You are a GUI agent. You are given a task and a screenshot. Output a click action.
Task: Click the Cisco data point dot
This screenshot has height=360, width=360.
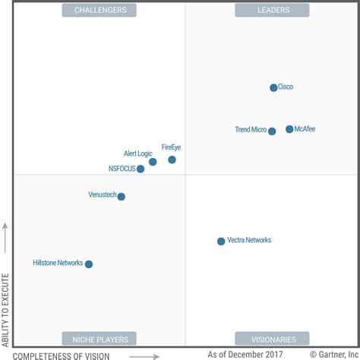pos(273,88)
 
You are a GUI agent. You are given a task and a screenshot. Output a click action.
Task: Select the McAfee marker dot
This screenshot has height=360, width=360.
pos(289,129)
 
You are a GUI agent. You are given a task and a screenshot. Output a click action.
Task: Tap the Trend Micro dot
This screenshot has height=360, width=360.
pos(272,131)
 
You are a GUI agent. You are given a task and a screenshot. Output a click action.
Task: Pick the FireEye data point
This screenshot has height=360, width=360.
pos(172,159)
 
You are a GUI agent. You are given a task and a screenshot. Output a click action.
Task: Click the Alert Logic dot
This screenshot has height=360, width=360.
pos(153,162)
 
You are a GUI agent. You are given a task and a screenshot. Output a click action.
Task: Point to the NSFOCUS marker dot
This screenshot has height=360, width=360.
pos(141,169)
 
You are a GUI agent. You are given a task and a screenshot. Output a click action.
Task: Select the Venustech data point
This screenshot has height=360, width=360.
pos(121,197)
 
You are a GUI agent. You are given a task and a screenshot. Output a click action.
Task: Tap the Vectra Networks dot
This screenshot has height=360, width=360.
pos(221,242)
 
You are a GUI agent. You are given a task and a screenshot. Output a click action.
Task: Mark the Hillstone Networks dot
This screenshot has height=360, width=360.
pos(89,264)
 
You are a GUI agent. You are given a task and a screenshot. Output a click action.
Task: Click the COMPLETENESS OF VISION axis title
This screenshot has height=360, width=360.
pos(62,355)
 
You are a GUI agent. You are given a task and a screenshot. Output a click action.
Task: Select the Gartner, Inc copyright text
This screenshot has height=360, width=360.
pos(333,354)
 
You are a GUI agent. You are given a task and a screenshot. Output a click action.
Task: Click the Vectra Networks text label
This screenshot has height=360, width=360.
pos(249,240)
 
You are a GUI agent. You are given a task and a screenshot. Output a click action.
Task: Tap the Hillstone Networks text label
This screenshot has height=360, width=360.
pos(58,263)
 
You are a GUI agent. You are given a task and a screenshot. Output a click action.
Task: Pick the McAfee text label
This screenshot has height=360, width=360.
pos(305,129)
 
